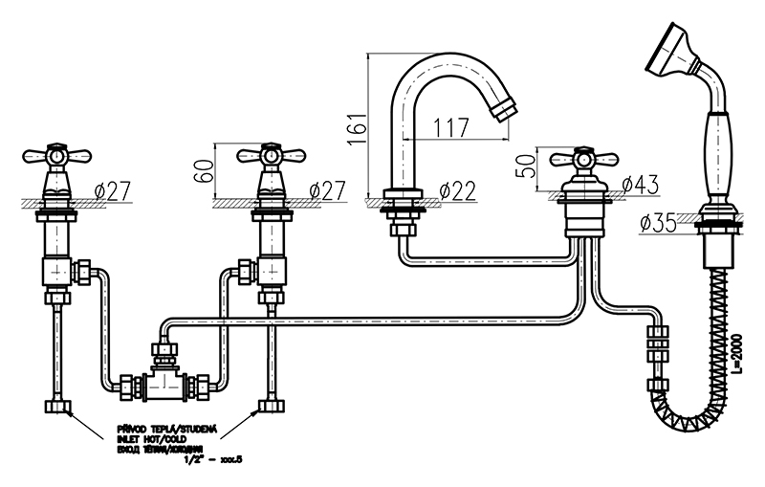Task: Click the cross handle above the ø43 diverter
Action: click(x=580, y=159)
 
